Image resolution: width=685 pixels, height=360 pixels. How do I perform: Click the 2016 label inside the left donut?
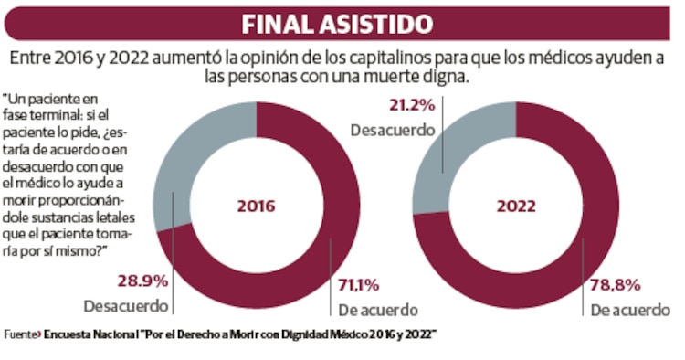[x=257, y=206]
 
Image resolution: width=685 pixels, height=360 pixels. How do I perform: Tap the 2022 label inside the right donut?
[x=516, y=206]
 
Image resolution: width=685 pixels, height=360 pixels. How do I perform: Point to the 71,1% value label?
[x=358, y=282]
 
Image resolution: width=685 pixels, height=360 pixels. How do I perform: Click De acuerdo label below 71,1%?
[x=377, y=310]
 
